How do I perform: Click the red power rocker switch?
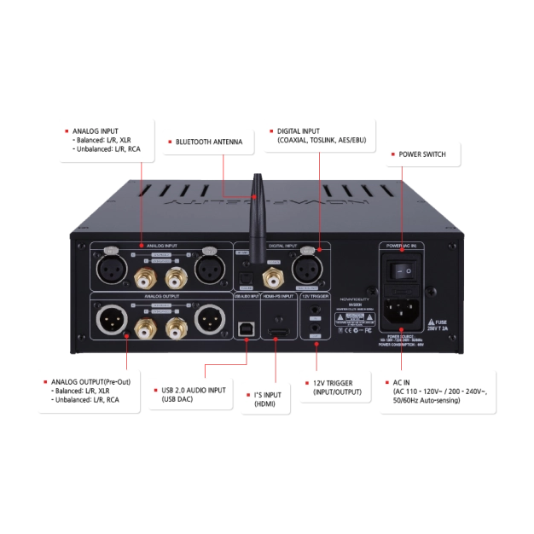[x=402, y=269]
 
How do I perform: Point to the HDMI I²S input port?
[x=276, y=328]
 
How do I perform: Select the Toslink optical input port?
[x=246, y=277]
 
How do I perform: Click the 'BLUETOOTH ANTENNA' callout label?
[x=209, y=142]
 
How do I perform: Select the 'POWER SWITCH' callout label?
[x=421, y=154]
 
